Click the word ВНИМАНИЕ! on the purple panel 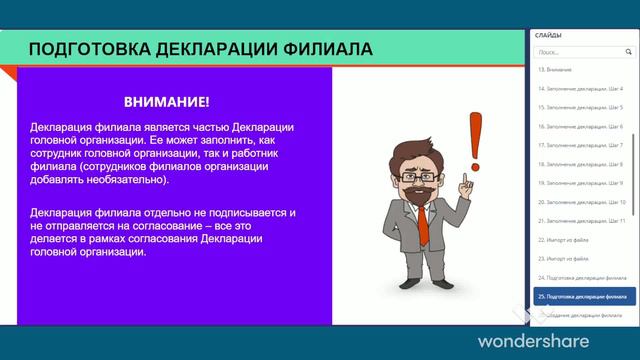coord(167,102)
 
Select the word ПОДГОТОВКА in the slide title coord(83,49)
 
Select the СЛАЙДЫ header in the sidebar coord(549,36)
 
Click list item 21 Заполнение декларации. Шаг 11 coord(581,221)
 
